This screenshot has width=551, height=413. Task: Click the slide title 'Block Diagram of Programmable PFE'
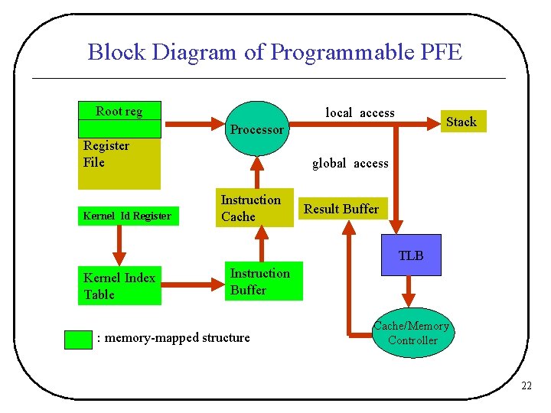click(x=275, y=52)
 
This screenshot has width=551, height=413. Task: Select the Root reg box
click(x=119, y=111)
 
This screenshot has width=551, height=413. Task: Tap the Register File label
click(x=106, y=154)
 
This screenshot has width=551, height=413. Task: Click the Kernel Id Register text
click(x=127, y=216)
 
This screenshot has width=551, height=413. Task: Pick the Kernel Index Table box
click(x=119, y=286)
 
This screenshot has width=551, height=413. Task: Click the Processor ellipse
click(x=257, y=129)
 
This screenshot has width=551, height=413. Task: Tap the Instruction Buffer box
click(x=261, y=281)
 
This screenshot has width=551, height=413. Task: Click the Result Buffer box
click(x=341, y=209)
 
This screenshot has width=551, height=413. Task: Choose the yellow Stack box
click(x=461, y=122)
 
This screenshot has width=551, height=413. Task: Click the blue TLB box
click(x=410, y=255)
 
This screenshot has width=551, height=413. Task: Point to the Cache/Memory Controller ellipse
click(x=412, y=334)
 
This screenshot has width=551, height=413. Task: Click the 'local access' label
click(x=360, y=113)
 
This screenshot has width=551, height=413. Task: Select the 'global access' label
click(x=350, y=163)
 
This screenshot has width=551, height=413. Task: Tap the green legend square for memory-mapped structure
click(x=78, y=339)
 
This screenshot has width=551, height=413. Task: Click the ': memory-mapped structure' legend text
click(x=174, y=337)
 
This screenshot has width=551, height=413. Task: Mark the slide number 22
click(x=526, y=386)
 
